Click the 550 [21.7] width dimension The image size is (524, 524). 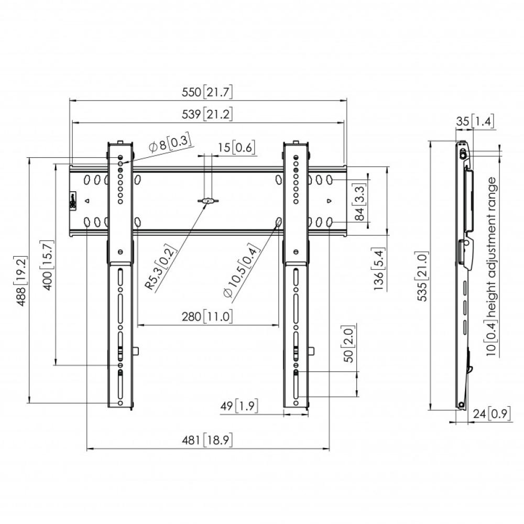[x=207, y=92]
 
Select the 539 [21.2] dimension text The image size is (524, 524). [x=207, y=114]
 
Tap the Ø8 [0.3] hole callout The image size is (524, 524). [x=170, y=144]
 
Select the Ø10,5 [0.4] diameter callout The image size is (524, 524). [x=241, y=270]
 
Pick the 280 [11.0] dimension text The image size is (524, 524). [x=207, y=316]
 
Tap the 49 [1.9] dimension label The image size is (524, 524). [x=239, y=406]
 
